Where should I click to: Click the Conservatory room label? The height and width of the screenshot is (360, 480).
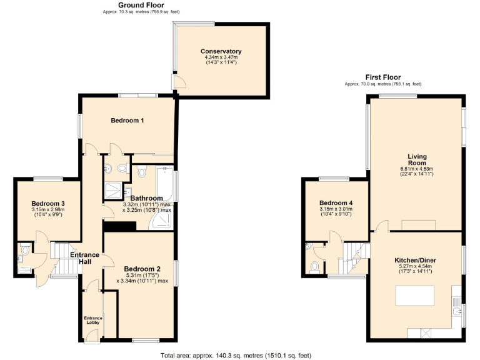(221, 51)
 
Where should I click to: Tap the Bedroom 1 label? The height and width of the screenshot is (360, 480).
(127, 121)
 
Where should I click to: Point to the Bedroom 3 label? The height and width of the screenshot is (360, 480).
(48, 204)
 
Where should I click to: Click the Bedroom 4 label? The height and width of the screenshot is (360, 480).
(336, 203)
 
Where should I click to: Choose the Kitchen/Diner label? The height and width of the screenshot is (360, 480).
(416, 260)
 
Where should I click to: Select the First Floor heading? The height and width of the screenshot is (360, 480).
(383, 77)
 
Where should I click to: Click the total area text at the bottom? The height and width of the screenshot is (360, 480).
(236, 355)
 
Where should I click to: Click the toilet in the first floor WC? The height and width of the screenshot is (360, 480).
(314, 267)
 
